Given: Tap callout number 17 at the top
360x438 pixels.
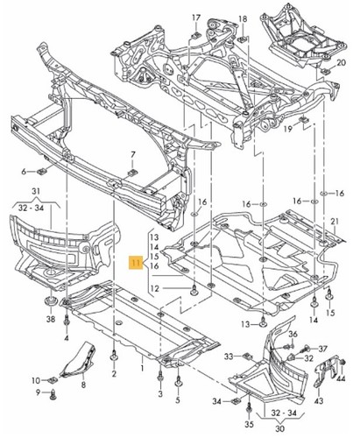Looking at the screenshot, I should point(195,18).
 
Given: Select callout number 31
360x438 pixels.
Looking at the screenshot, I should point(36,193).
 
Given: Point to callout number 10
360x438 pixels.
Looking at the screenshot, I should point(36,379).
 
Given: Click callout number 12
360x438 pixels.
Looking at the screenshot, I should point(154,290).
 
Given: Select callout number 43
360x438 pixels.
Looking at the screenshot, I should point(342,400).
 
